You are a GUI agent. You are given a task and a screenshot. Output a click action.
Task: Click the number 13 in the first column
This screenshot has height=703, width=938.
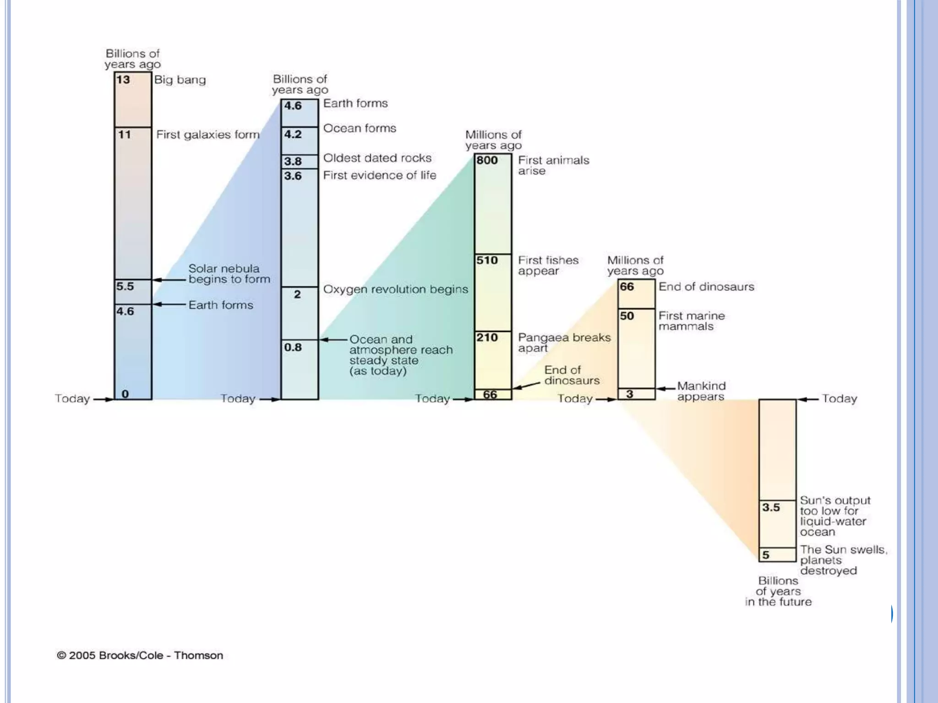click(123, 80)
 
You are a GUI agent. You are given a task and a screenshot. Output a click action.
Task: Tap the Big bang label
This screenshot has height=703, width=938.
click(180, 80)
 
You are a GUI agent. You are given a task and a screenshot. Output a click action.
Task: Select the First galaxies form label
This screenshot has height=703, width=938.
click(208, 135)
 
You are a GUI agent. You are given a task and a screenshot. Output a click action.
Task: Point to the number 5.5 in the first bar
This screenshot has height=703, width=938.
click(125, 287)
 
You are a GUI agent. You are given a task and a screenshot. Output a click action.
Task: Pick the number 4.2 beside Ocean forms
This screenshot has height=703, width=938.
click(293, 134)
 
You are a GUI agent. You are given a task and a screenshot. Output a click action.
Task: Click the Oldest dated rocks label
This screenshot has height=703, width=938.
click(377, 158)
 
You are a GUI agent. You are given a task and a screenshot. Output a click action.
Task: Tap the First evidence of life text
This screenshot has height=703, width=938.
click(380, 175)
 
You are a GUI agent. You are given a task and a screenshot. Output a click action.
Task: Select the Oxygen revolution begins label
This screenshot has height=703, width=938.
click(396, 289)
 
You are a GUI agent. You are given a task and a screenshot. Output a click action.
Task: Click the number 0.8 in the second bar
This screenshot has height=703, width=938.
click(293, 347)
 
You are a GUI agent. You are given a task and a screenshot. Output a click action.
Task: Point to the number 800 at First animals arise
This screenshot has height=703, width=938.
click(487, 160)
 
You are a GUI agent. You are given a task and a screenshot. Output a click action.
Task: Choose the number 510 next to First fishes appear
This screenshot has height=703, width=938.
click(487, 260)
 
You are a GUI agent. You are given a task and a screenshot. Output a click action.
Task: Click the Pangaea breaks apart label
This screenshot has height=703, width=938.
click(564, 343)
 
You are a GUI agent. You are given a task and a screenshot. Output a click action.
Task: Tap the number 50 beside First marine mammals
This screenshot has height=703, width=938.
click(627, 316)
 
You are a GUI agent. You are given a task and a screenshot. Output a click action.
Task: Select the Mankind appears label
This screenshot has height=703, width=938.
click(701, 391)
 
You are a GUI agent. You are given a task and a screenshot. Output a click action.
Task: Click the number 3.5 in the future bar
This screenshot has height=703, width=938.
click(771, 507)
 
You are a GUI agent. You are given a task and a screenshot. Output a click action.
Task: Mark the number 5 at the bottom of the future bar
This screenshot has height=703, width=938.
click(765, 555)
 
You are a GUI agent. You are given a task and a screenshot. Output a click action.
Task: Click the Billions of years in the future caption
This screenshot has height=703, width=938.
click(778, 591)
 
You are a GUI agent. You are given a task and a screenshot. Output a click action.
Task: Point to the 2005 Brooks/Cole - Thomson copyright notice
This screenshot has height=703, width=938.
click(140, 655)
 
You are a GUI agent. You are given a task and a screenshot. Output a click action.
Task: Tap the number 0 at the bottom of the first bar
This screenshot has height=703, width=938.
click(125, 394)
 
